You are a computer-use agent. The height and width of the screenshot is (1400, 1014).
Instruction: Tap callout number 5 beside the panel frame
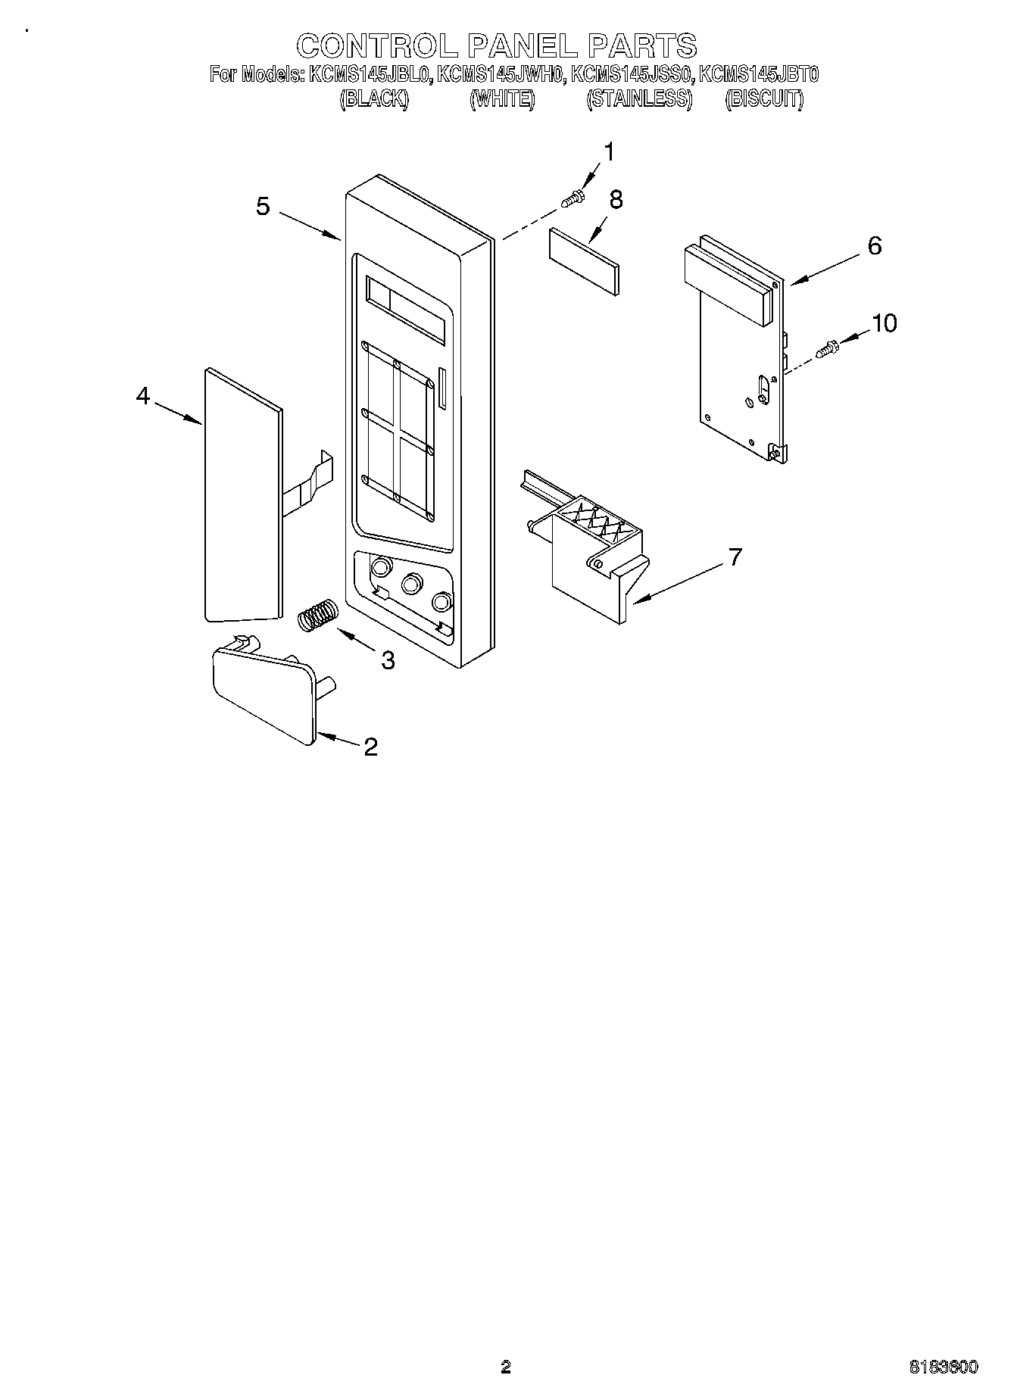click(263, 206)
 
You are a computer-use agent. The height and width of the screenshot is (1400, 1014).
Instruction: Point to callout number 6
click(875, 245)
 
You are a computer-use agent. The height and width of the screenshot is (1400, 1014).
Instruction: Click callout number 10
click(884, 323)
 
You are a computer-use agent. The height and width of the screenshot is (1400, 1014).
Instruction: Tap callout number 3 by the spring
click(387, 660)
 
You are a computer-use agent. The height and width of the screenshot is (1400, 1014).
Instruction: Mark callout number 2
click(370, 747)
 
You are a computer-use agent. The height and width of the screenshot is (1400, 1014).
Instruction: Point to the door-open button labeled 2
click(265, 689)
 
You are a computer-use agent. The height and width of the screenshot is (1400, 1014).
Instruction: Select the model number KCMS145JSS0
click(632, 74)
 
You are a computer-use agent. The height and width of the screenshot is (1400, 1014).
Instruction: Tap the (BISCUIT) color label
click(764, 98)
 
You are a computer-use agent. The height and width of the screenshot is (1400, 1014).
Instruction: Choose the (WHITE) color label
click(503, 98)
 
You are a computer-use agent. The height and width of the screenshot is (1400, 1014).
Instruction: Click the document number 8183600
click(943, 1367)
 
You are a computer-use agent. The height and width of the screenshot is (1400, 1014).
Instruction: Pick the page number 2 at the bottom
click(506, 1367)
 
